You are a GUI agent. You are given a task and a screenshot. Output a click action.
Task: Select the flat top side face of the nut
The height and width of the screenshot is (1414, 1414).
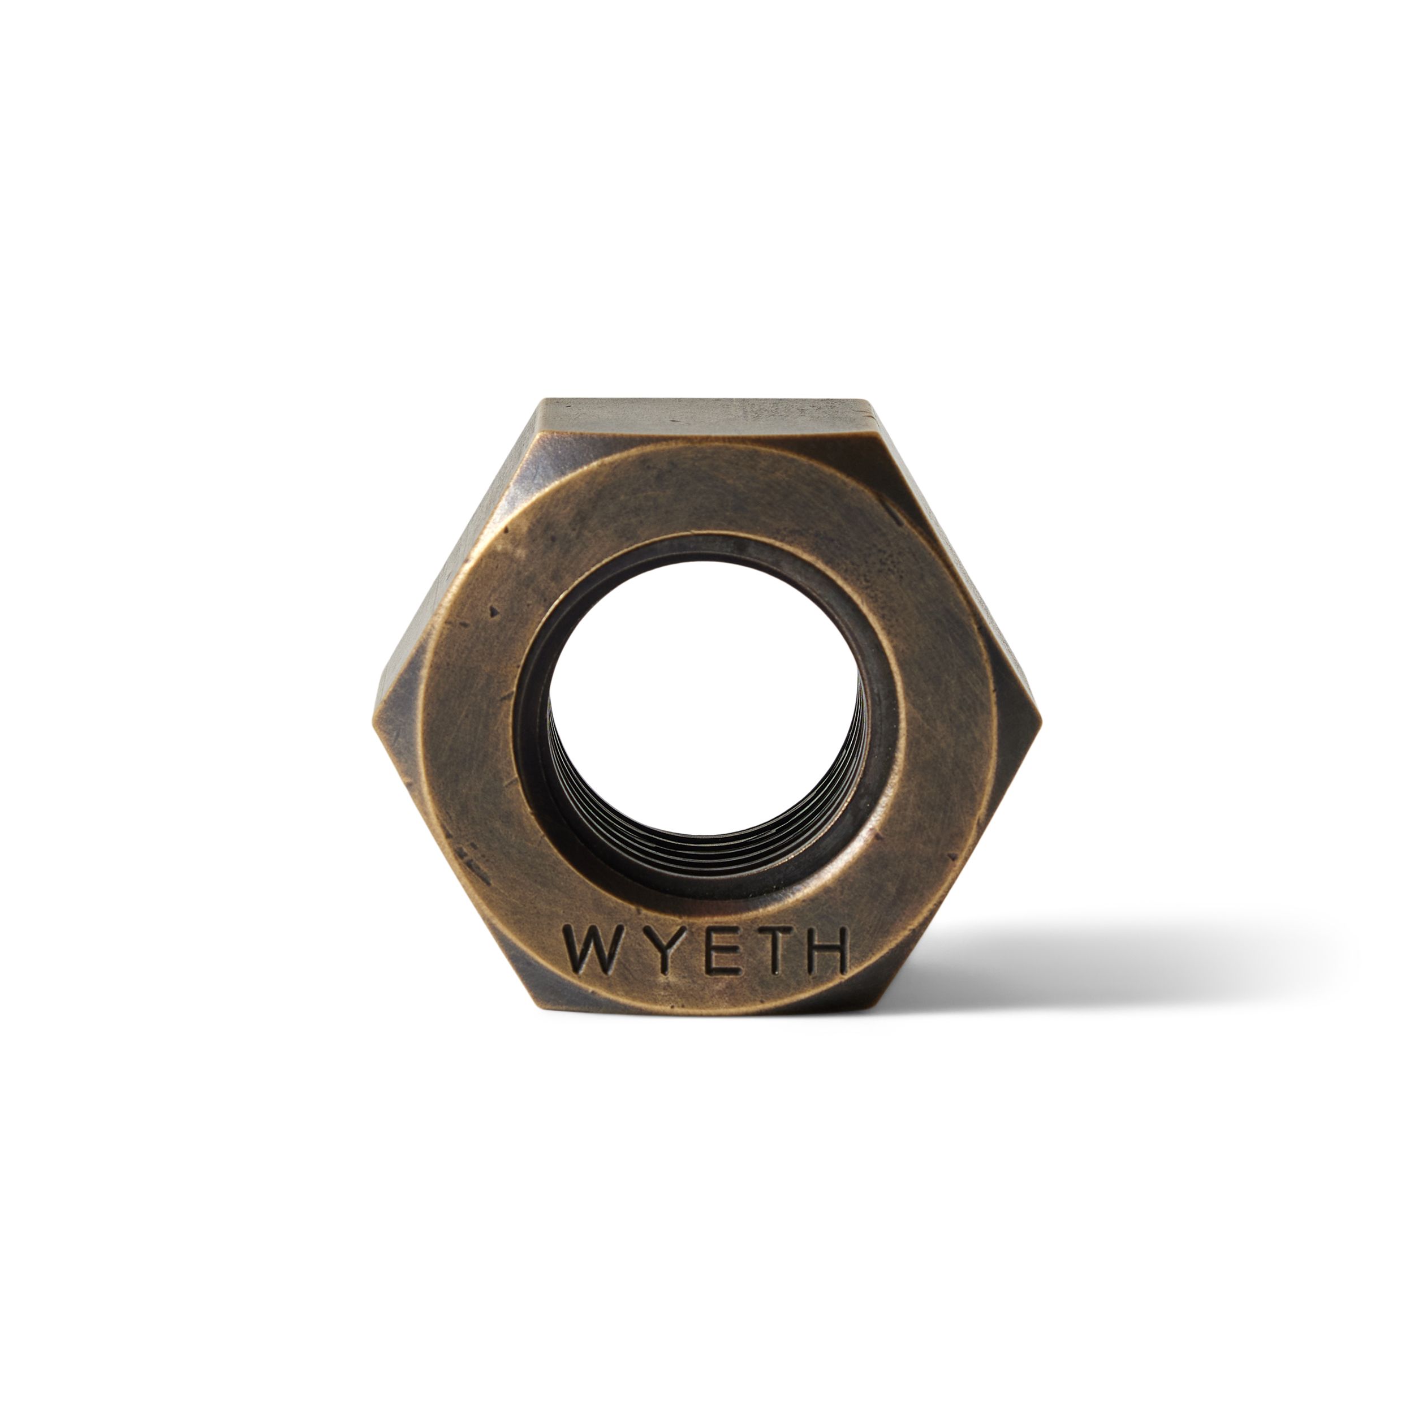tap(706, 421)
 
